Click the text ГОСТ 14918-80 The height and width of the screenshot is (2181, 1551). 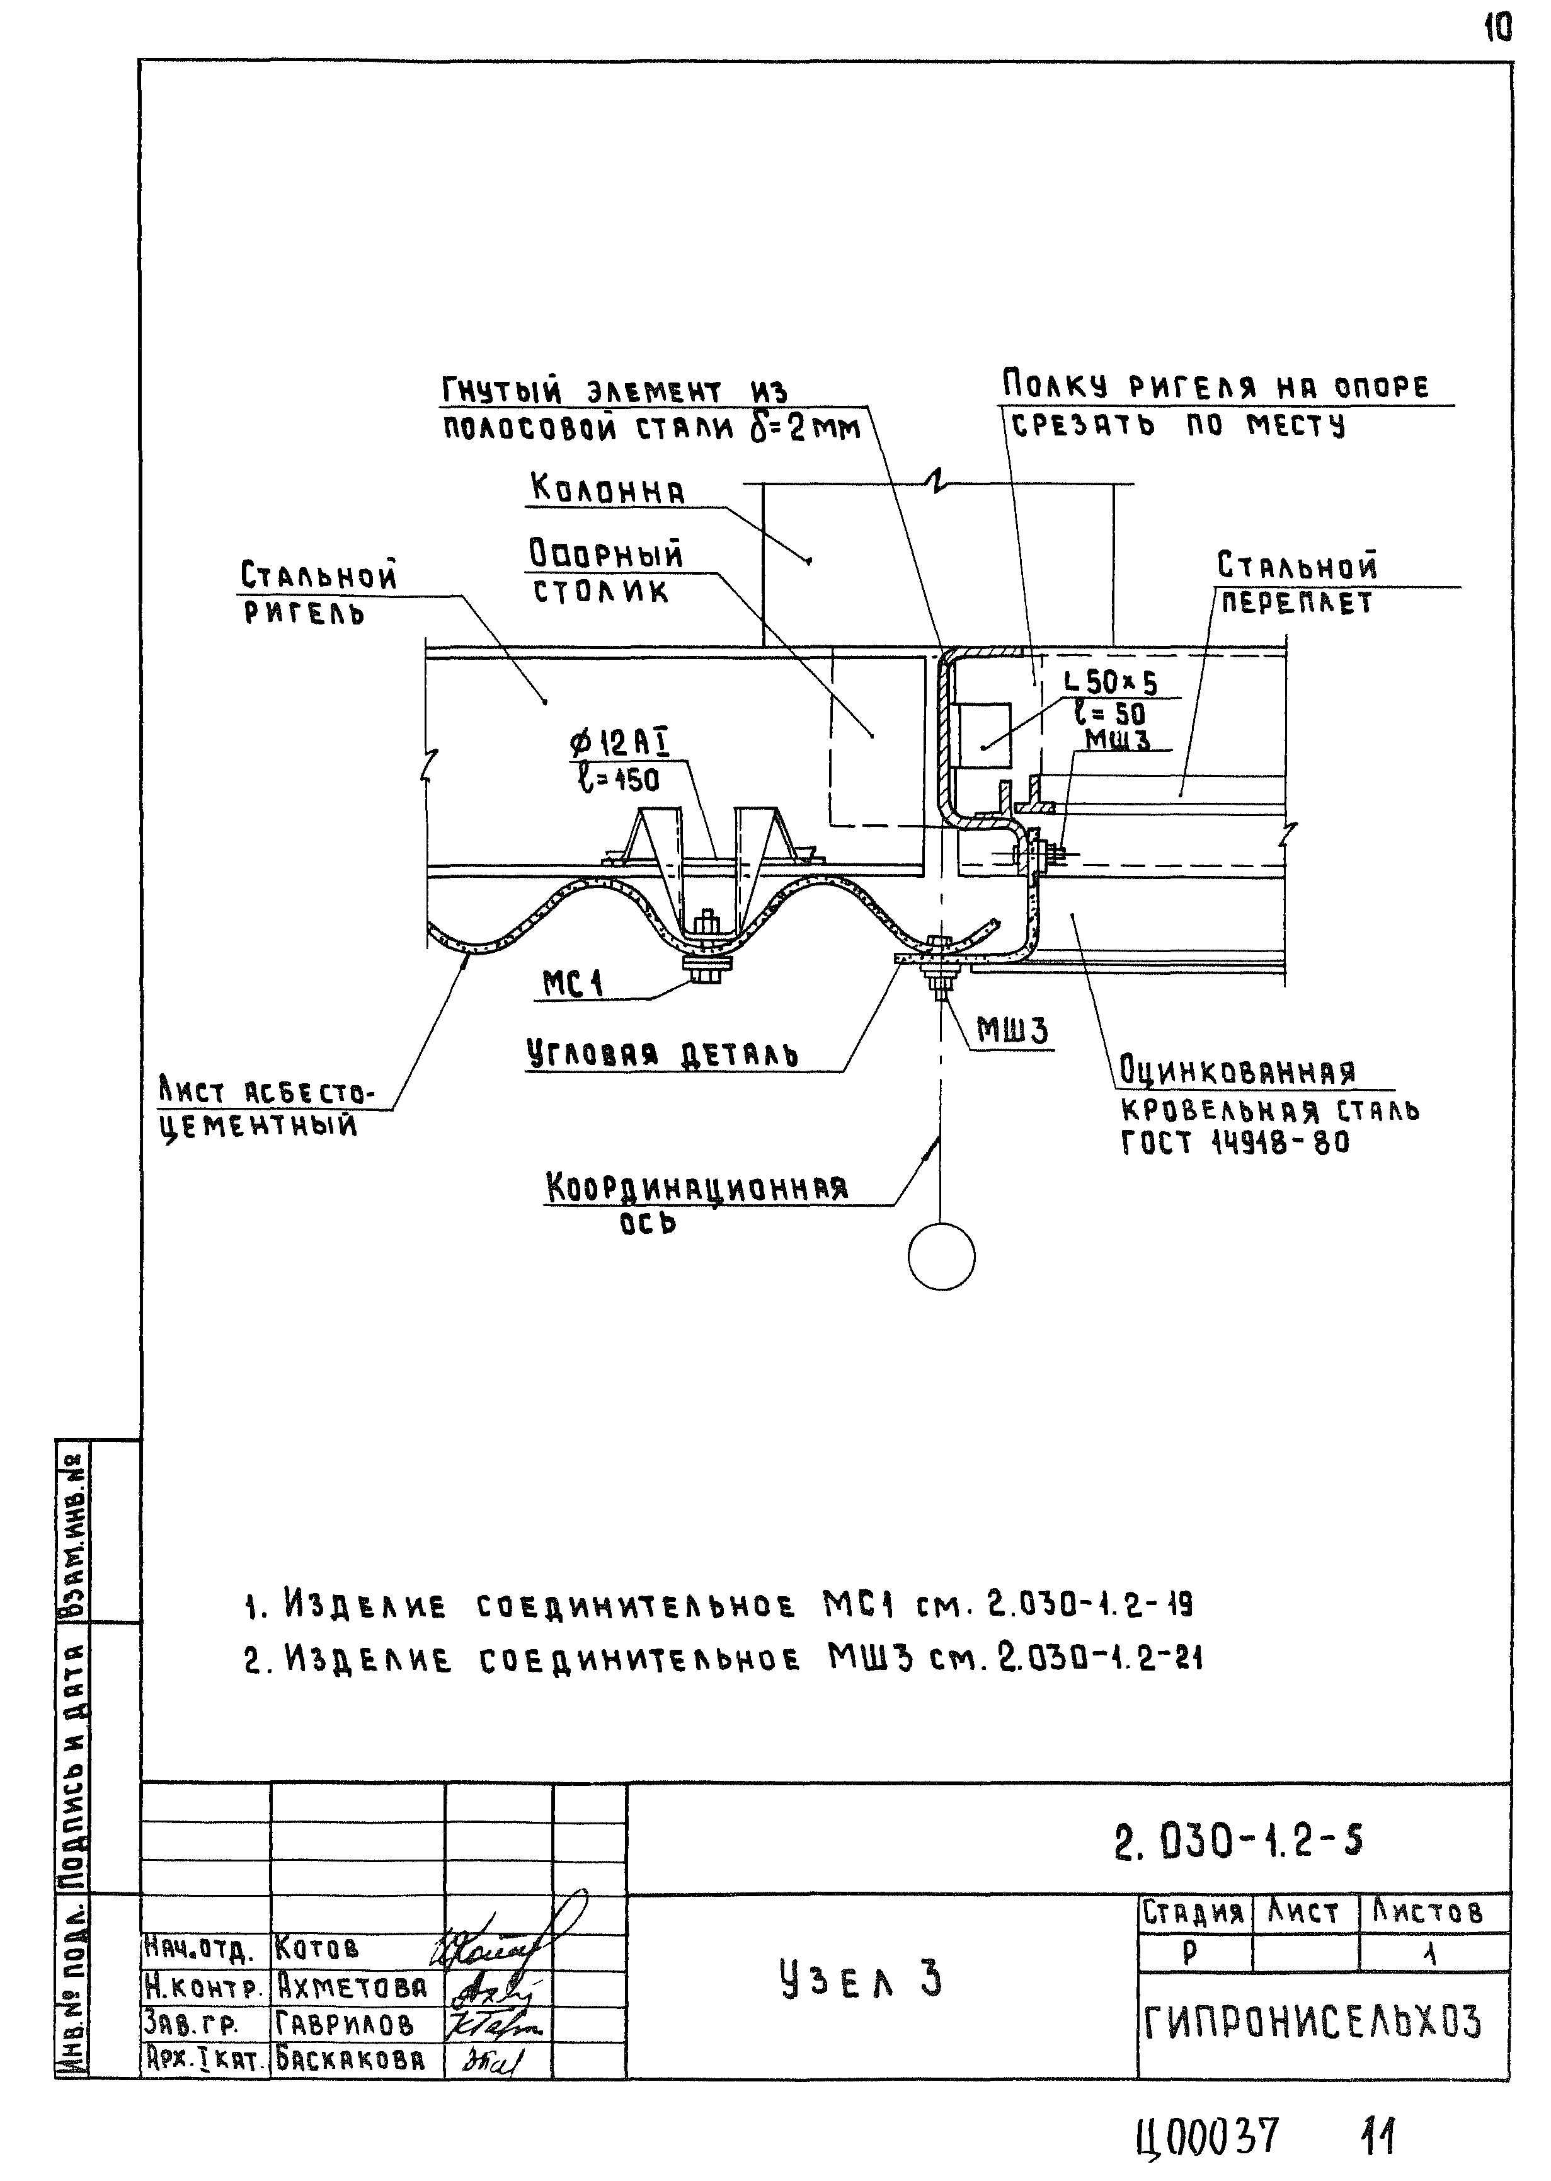[x=1235, y=1142]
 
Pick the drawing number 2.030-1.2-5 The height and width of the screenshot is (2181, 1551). [x=1238, y=1840]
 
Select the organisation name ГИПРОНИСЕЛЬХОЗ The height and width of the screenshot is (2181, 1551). [x=1312, y=2022]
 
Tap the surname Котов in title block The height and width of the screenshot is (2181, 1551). [x=317, y=1947]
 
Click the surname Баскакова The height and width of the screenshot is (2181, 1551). [x=350, y=2059]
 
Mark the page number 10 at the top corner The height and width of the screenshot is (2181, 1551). [x=1497, y=30]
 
